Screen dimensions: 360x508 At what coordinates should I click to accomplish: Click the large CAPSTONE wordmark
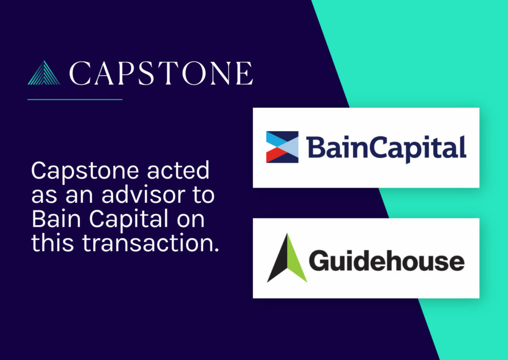point(161,73)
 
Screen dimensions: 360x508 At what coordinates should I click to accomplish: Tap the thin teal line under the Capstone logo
point(75,99)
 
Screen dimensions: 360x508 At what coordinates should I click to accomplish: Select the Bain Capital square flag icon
point(282,147)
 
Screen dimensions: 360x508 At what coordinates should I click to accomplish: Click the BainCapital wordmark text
point(386,148)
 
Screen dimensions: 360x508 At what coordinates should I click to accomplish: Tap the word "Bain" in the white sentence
point(54,220)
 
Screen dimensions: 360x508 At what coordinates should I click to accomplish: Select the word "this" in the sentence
point(50,244)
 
